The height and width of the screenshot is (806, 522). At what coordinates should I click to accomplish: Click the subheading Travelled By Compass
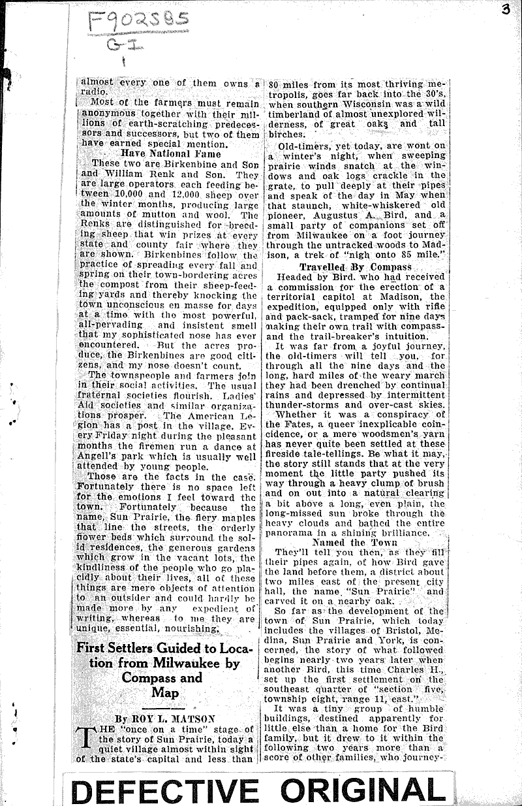[x=356, y=266]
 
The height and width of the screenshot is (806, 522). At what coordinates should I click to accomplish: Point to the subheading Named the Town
[x=354, y=542]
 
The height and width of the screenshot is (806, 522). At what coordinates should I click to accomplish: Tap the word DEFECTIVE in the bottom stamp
[x=163, y=790]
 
